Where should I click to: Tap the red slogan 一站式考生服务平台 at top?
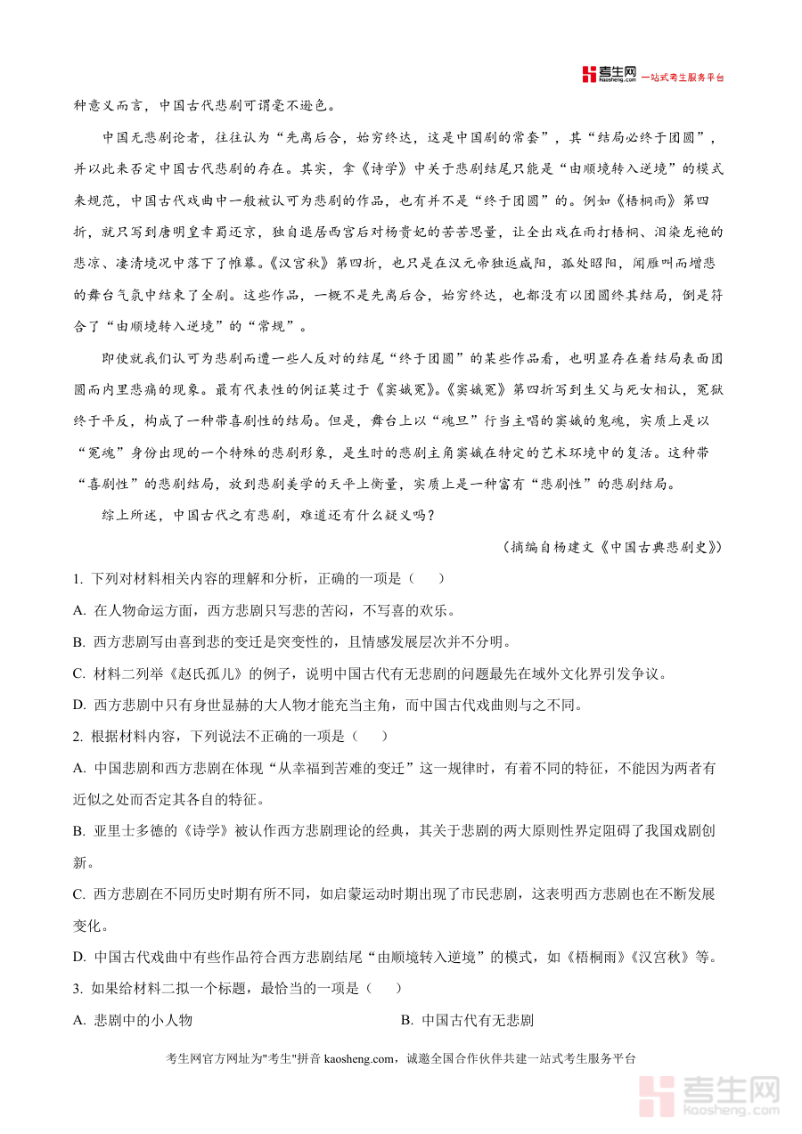(684, 78)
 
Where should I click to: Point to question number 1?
(78, 579)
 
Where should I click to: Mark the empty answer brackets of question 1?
(427, 579)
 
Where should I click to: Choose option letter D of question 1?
(79, 706)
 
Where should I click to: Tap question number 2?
(78, 736)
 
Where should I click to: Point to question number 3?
(78, 989)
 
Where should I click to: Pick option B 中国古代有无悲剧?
(477, 1021)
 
